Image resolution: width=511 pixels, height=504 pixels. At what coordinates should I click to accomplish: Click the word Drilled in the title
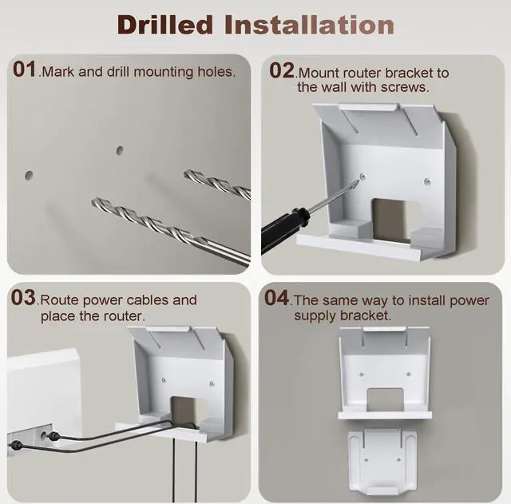pos(165,25)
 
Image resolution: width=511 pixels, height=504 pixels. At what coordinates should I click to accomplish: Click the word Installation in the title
pos(310,25)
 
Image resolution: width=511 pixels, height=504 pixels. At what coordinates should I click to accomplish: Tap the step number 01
pos(25,69)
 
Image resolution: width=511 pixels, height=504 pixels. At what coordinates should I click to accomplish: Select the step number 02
pos(282,70)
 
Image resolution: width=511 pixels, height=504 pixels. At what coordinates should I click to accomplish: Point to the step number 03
pos(23,298)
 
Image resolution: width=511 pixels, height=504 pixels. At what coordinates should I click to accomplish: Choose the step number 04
pos(277,298)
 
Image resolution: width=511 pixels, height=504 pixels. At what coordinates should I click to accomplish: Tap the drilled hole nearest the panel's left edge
pos(29,176)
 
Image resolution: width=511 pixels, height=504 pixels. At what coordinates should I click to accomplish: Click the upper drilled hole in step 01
pos(120,151)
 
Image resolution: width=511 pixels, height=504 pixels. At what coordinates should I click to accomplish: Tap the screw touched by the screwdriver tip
pos(363,177)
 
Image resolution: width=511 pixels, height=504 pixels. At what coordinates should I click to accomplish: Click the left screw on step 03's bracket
pos(164,380)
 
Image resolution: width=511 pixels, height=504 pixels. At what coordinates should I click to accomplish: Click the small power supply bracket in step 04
pos(382,460)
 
